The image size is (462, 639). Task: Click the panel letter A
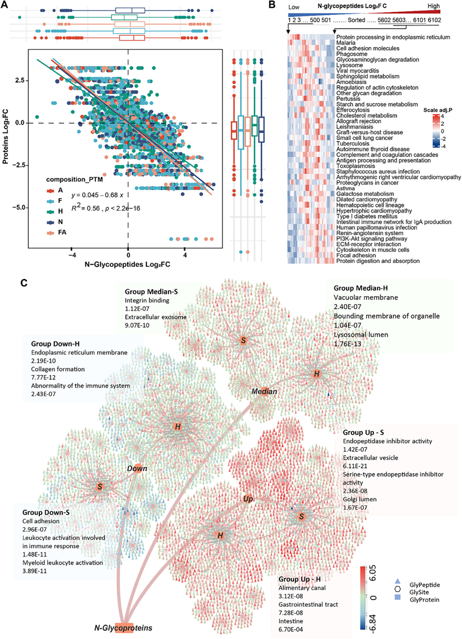click(x=7, y=6)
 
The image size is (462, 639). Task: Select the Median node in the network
click(x=264, y=391)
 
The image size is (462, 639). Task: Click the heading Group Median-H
click(x=363, y=288)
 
